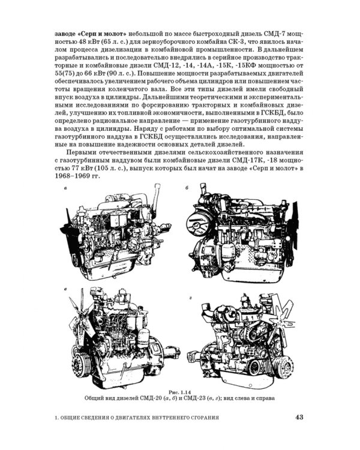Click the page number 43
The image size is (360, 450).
pos(299,417)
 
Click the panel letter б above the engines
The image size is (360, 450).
pos(187,188)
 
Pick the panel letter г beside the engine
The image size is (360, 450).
pos(191,298)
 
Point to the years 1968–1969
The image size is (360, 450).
pos(73,176)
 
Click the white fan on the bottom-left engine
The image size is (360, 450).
pos(82,314)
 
